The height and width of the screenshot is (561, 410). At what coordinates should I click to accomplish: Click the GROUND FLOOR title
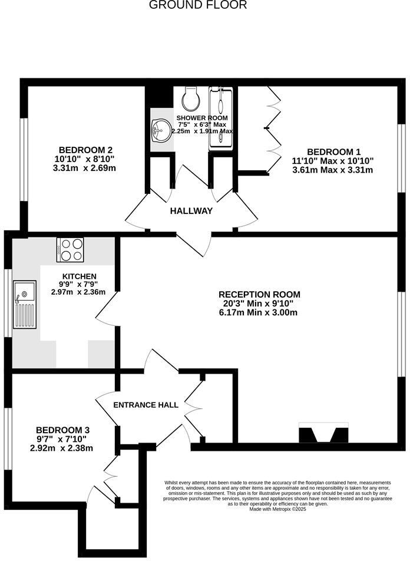point(197,5)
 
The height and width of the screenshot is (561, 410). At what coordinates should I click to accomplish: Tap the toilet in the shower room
point(191,98)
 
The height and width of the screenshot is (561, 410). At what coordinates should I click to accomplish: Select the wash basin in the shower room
point(160,130)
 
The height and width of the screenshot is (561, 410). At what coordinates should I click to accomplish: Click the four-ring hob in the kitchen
point(70,250)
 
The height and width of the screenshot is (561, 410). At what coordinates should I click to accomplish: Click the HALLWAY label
point(191,211)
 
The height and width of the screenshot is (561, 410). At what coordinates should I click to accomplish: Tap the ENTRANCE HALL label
point(146,405)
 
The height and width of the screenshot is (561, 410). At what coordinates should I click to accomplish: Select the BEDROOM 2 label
point(85,150)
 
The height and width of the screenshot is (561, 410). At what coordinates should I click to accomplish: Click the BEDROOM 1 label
point(333,151)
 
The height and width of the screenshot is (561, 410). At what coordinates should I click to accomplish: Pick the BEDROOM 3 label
point(62,430)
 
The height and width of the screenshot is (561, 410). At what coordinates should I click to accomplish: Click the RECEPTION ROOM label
point(259,295)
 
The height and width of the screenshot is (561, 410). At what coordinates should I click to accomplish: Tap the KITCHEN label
point(79,276)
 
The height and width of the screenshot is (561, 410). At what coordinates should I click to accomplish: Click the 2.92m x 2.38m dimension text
point(62,448)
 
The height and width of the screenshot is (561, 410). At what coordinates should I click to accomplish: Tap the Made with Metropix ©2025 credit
point(277,509)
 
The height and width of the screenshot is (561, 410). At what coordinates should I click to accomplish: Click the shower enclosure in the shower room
point(222,118)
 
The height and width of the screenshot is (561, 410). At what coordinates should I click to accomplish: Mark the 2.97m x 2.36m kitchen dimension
point(78,292)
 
